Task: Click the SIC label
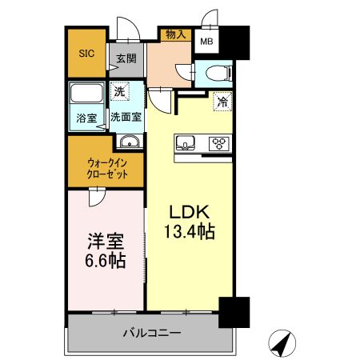click(86, 54)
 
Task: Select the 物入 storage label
click(177, 34)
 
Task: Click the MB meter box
click(206, 42)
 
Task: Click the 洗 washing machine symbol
click(119, 92)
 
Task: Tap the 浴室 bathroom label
click(86, 118)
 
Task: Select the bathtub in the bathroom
click(86, 95)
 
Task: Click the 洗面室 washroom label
click(126, 117)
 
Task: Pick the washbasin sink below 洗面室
click(129, 142)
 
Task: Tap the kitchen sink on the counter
click(186, 143)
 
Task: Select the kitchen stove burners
click(218, 143)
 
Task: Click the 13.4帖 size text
click(190, 232)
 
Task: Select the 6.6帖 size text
click(104, 261)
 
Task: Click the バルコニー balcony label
click(151, 332)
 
